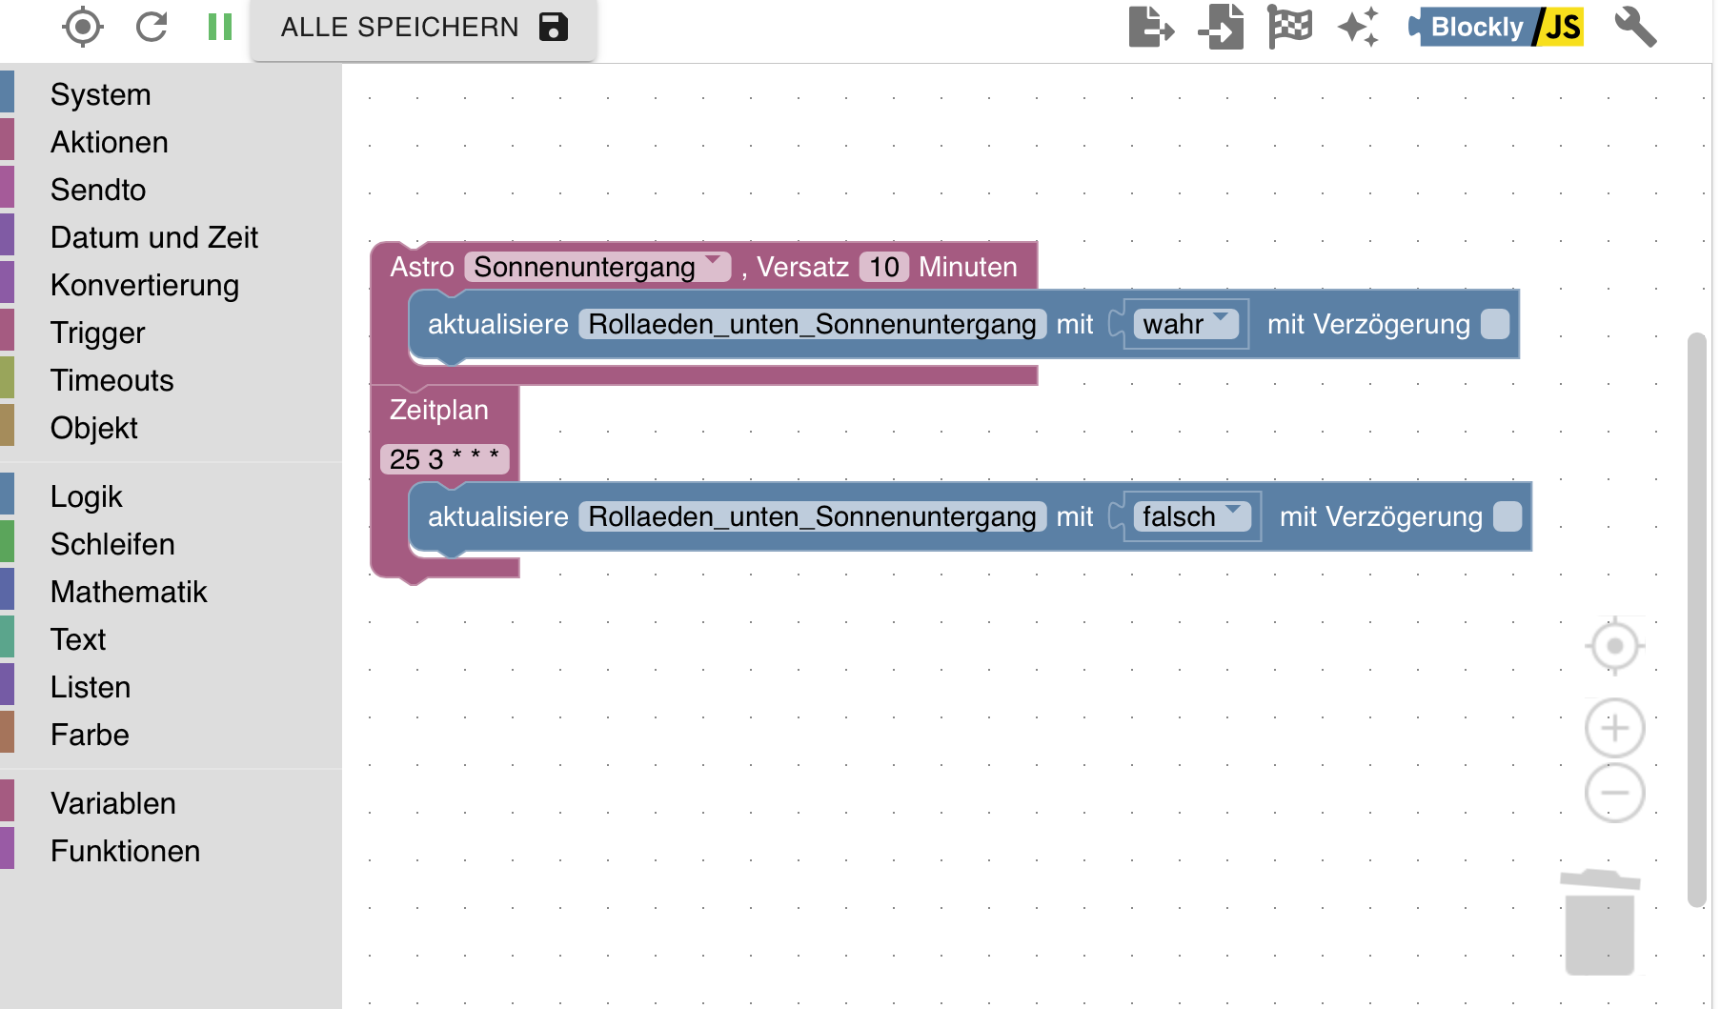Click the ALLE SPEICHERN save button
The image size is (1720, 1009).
[424, 28]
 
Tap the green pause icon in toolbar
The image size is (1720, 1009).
[220, 27]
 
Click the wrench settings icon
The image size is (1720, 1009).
[1635, 27]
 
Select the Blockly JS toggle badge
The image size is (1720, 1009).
[1496, 27]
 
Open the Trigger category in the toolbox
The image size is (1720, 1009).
[98, 333]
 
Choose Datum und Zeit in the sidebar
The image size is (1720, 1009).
[154, 237]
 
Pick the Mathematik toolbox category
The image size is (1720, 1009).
[129, 592]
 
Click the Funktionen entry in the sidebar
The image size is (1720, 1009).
[126, 851]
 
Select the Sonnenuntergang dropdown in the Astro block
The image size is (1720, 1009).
[597, 267]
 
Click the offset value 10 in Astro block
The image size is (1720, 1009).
[884, 267]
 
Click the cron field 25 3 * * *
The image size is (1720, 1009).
[444, 459]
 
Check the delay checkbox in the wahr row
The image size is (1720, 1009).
[1495, 324]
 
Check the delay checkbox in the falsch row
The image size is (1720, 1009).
[1508, 516]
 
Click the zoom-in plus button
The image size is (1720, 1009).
[1614, 729]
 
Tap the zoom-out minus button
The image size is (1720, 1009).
[1614, 793]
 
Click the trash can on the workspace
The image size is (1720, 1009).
[1600, 922]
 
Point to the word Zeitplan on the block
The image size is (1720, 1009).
[439, 410]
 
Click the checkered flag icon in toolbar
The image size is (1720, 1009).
[1290, 26]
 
